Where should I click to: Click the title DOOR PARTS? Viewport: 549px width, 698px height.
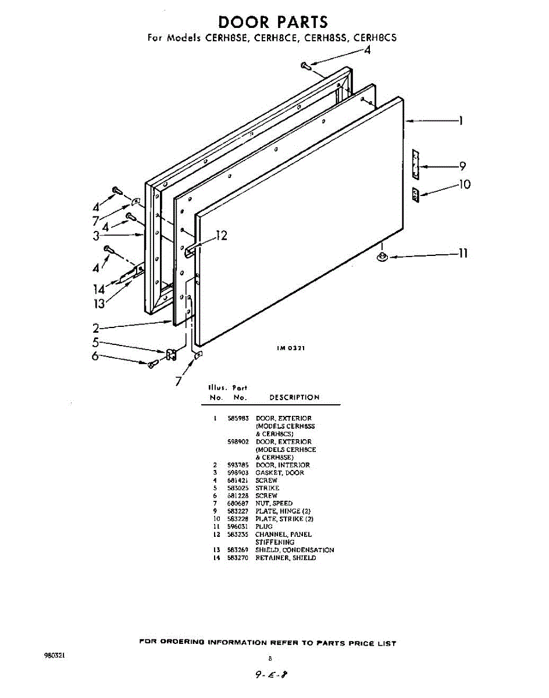tap(273, 22)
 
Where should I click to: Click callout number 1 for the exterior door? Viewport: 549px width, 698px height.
tap(460, 121)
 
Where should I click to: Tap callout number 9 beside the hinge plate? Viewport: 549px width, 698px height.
tap(462, 166)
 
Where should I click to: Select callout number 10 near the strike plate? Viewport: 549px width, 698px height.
tap(464, 185)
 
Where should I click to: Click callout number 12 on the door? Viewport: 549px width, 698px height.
tap(221, 236)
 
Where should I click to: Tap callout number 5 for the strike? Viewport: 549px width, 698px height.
tap(96, 343)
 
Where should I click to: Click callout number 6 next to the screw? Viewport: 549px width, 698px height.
tap(95, 356)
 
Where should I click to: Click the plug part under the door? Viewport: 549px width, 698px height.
tap(382, 258)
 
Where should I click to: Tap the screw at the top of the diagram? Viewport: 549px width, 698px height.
tap(306, 66)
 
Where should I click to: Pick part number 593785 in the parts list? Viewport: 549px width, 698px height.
tap(238, 465)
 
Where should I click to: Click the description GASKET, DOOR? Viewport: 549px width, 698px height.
tap(279, 473)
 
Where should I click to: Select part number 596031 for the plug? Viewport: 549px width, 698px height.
tap(238, 526)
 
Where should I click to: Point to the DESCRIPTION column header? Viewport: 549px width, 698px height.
tap(294, 398)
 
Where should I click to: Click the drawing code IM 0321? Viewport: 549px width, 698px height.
tap(291, 348)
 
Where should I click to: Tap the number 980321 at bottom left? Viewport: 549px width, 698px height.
tap(55, 655)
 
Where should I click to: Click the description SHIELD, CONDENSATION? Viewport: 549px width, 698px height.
tap(294, 550)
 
